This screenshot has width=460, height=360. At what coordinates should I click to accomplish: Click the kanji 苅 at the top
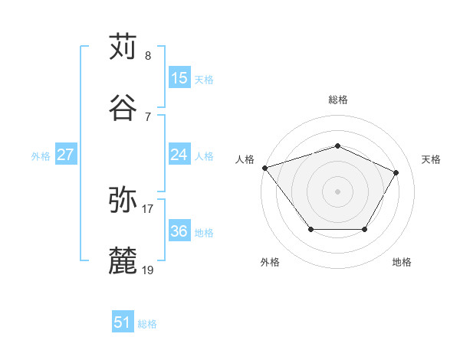(123, 47)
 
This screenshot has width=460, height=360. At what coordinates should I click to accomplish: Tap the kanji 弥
(123, 200)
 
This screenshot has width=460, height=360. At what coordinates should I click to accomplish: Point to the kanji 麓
(123, 261)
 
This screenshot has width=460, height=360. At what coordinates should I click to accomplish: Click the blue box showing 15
(179, 77)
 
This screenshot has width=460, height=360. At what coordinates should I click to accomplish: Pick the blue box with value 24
(179, 155)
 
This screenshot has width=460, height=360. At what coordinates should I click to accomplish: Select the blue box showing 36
(179, 231)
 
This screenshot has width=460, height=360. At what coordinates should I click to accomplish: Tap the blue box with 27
(66, 155)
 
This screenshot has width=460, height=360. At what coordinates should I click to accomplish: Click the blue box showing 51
(123, 322)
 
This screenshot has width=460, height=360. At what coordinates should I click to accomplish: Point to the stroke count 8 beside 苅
(148, 56)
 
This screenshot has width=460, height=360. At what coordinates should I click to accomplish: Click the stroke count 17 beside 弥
(148, 208)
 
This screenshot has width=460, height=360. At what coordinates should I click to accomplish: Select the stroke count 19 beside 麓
(148, 270)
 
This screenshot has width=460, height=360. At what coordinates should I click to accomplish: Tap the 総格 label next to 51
(148, 324)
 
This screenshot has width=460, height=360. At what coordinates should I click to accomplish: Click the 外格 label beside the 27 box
(41, 156)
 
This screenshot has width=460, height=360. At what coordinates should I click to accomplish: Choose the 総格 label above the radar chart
(338, 100)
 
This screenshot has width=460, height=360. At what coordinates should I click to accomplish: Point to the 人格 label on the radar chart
(245, 159)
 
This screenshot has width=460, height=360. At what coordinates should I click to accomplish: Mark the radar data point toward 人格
(264, 168)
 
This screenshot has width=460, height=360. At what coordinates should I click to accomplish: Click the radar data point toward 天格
(396, 173)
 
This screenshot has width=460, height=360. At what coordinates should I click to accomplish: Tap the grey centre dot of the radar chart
(338, 191)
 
